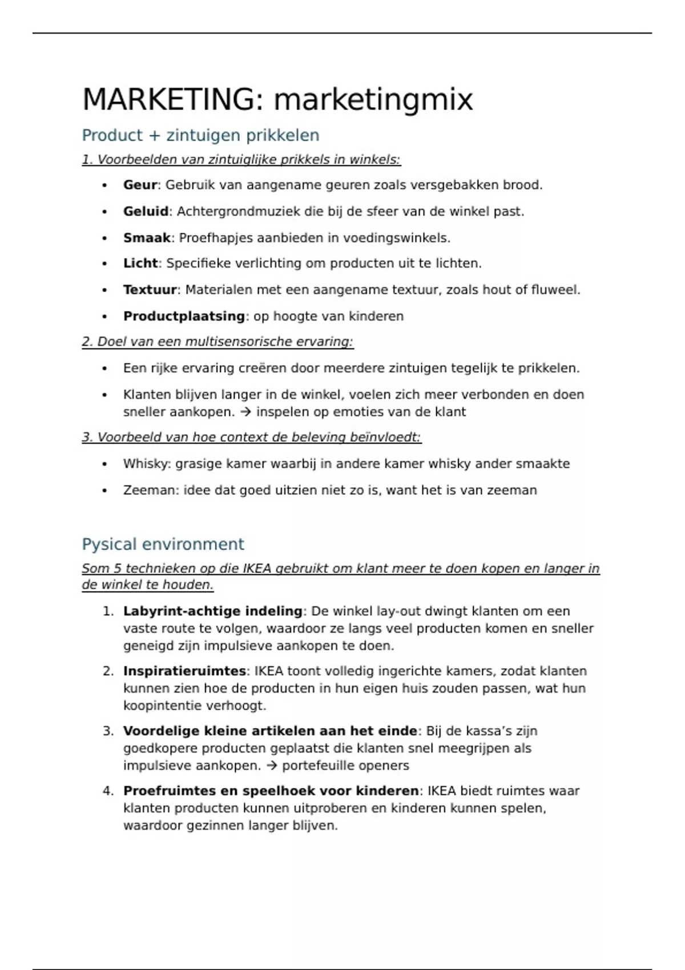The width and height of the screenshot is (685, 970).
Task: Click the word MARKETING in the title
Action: tap(168, 99)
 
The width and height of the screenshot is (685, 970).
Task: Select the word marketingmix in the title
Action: tap(373, 100)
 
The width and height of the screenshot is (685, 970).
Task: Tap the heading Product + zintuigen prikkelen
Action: tap(200, 135)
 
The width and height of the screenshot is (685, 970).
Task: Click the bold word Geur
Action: tap(140, 185)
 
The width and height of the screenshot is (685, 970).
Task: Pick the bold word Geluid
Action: tap(146, 211)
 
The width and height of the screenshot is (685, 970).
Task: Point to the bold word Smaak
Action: tap(147, 237)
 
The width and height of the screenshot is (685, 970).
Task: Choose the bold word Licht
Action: tap(140, 263)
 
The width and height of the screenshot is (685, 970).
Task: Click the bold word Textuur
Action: tap(150, 289)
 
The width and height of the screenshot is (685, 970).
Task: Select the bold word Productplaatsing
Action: tap(184, 316)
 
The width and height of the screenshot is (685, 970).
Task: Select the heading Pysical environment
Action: tap(163, 544)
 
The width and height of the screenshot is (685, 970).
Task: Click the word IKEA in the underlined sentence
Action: tap(257, 568)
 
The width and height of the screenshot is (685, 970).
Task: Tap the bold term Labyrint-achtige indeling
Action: tap(212, 611)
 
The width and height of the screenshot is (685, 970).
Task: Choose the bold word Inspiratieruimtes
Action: tap(184, 671)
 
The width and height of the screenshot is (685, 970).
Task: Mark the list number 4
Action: tap(108, 791)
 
